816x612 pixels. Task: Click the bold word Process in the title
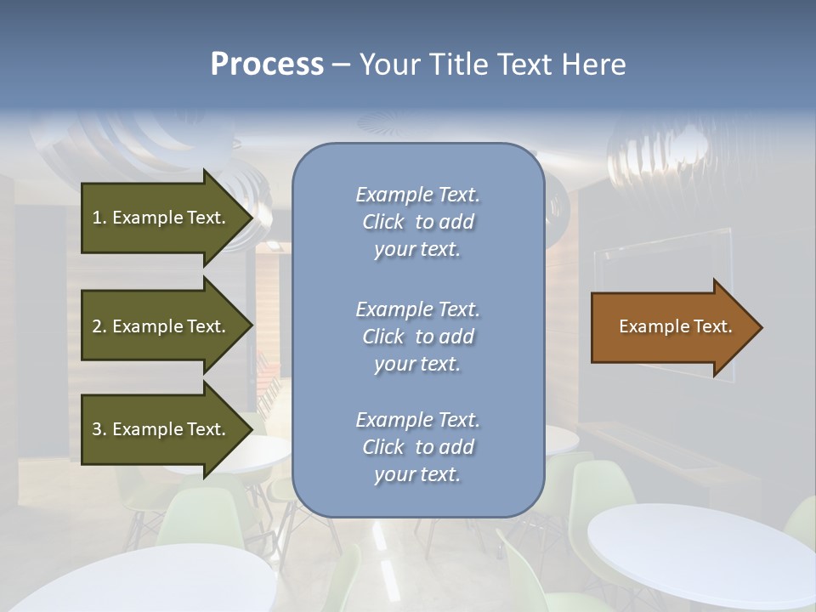(x=267, y=65)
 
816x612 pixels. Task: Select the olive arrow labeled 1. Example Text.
(x=161, y=218)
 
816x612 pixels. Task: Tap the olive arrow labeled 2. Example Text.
(x=161, y=326)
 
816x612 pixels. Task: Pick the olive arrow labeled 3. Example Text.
(x=161, y=429)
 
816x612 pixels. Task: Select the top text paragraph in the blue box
(x=417, y=222)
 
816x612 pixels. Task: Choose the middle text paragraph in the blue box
(x=417, y=337)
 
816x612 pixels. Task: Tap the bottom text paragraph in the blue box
(x=417, y=447)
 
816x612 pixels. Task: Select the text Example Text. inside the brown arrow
(x=676, y=326)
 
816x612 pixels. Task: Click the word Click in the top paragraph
(x=383, y=222)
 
